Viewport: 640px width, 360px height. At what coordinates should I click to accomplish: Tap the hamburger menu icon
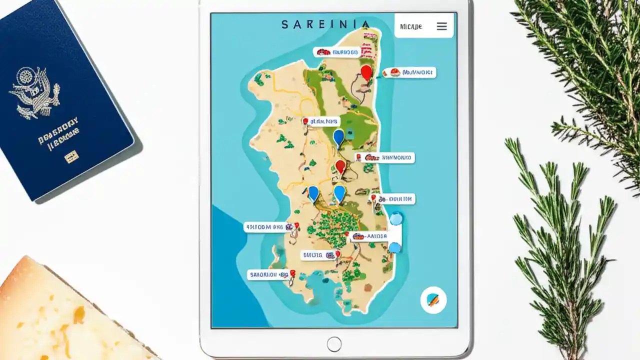[x=441, y=26]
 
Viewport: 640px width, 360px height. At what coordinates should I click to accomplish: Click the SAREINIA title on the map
[x=325, y=24]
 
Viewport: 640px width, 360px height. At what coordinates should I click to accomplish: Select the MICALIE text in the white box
[x=411, y=26]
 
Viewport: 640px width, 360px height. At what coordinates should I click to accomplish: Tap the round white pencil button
[x=433, y=300]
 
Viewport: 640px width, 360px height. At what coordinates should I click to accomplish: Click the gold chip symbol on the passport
[x=71, y=157]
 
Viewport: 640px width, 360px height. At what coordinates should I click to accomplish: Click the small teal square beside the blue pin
[x=349, y=134]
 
